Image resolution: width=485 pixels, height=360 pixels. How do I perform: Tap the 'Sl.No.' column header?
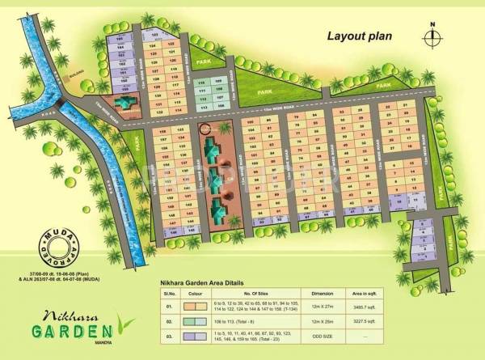(169, 293)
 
